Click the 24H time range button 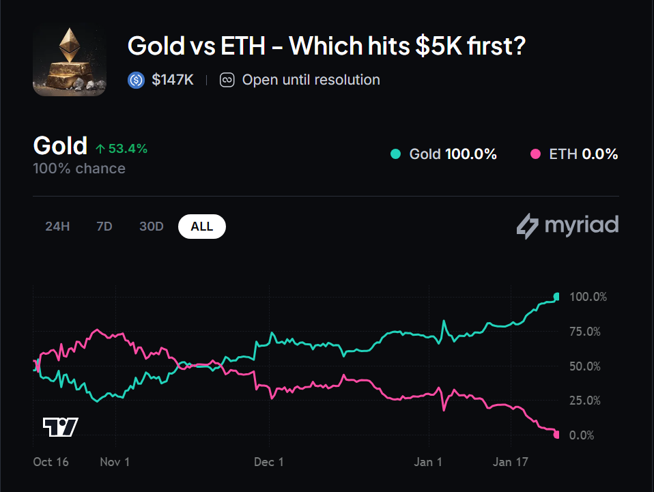click(x=57, y=227)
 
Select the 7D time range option click(x=104, y=227)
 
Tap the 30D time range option click(x=152, y=227)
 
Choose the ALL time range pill click(x=201, y=227)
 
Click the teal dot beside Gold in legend click(x=395, y=154)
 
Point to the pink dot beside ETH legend click(x=535, y=154)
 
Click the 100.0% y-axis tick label click(x=587, y=298)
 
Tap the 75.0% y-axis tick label click(x=584, y=332)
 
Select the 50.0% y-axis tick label click(x=584, y=366)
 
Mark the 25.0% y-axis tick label click(x=584, y=401)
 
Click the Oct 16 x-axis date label click(x=51, y=462)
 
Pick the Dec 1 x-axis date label click(x=268, y=462)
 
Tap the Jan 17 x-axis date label click(x=511, y=462)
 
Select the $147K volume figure click(x=173, y=80)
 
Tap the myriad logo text click(x=581, y=225)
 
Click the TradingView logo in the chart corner click(x=60, y=426)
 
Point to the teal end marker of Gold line click(x=557, y=296)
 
